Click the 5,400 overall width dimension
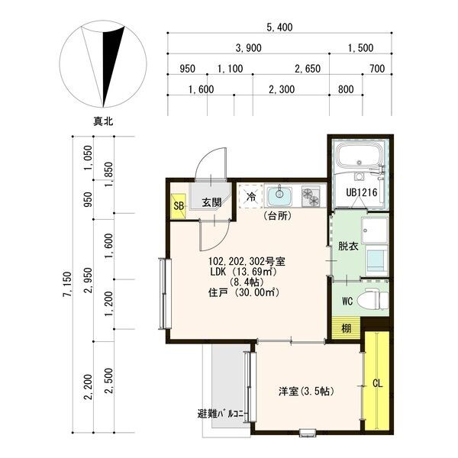click(x=279, y=27)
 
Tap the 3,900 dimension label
click(x=248, y=48)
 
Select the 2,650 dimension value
click(x=308, y=69)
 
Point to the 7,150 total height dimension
click(x=67, y=284)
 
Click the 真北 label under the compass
click(x=103, y=121)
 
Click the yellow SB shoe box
click(x=178, y=206)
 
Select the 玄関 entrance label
click(x=211, y=202)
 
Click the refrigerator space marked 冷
click(x=250, y=196)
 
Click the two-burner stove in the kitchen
click(x=311, y=196)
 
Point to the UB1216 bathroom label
click(x=362, y=192)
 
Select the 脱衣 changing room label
click(x=348, y=247)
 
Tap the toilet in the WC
click(x=373, y=298)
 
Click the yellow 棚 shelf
click(x=347, y=328)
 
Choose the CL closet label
click(x=377, y=383)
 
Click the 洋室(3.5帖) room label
click(x=306, y=391)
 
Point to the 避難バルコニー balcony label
click(x=221, y=414)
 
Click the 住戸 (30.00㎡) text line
click(x=244, y=292)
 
